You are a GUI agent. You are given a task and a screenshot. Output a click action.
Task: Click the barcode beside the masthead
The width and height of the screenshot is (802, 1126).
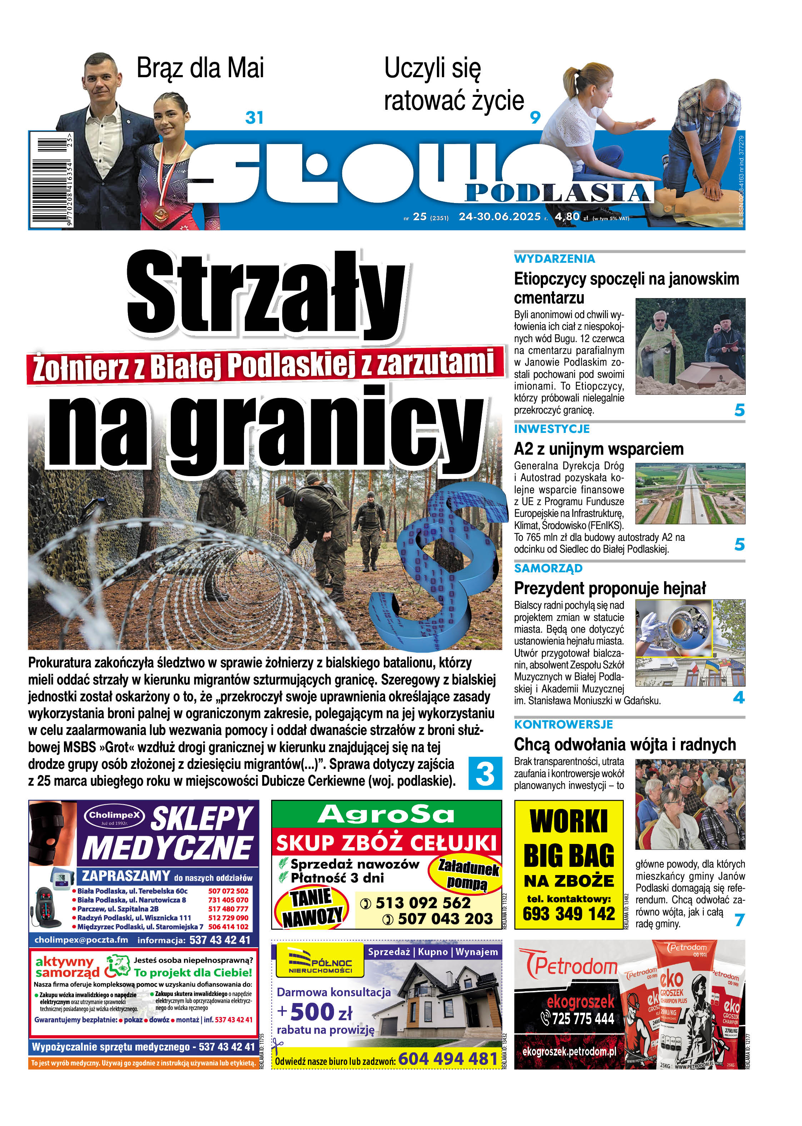51,179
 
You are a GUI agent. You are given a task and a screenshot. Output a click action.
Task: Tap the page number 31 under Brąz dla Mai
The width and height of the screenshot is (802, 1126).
254,118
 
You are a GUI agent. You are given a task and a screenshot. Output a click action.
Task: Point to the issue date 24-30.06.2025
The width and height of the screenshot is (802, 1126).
499,216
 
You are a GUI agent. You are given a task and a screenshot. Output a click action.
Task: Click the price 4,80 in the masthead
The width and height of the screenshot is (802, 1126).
567,216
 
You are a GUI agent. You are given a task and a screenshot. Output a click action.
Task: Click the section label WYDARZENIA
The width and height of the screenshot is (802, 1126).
554,259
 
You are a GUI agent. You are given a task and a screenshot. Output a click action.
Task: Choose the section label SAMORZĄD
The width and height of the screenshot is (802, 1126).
548,568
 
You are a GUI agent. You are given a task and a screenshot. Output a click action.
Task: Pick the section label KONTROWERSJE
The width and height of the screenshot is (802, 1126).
563,724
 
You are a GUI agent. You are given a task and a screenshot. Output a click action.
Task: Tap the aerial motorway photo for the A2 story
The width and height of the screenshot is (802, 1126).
690,493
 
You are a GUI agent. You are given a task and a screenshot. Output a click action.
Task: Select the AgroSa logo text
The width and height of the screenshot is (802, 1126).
386,814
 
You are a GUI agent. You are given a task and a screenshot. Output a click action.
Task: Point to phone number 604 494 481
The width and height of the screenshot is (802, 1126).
448,1059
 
